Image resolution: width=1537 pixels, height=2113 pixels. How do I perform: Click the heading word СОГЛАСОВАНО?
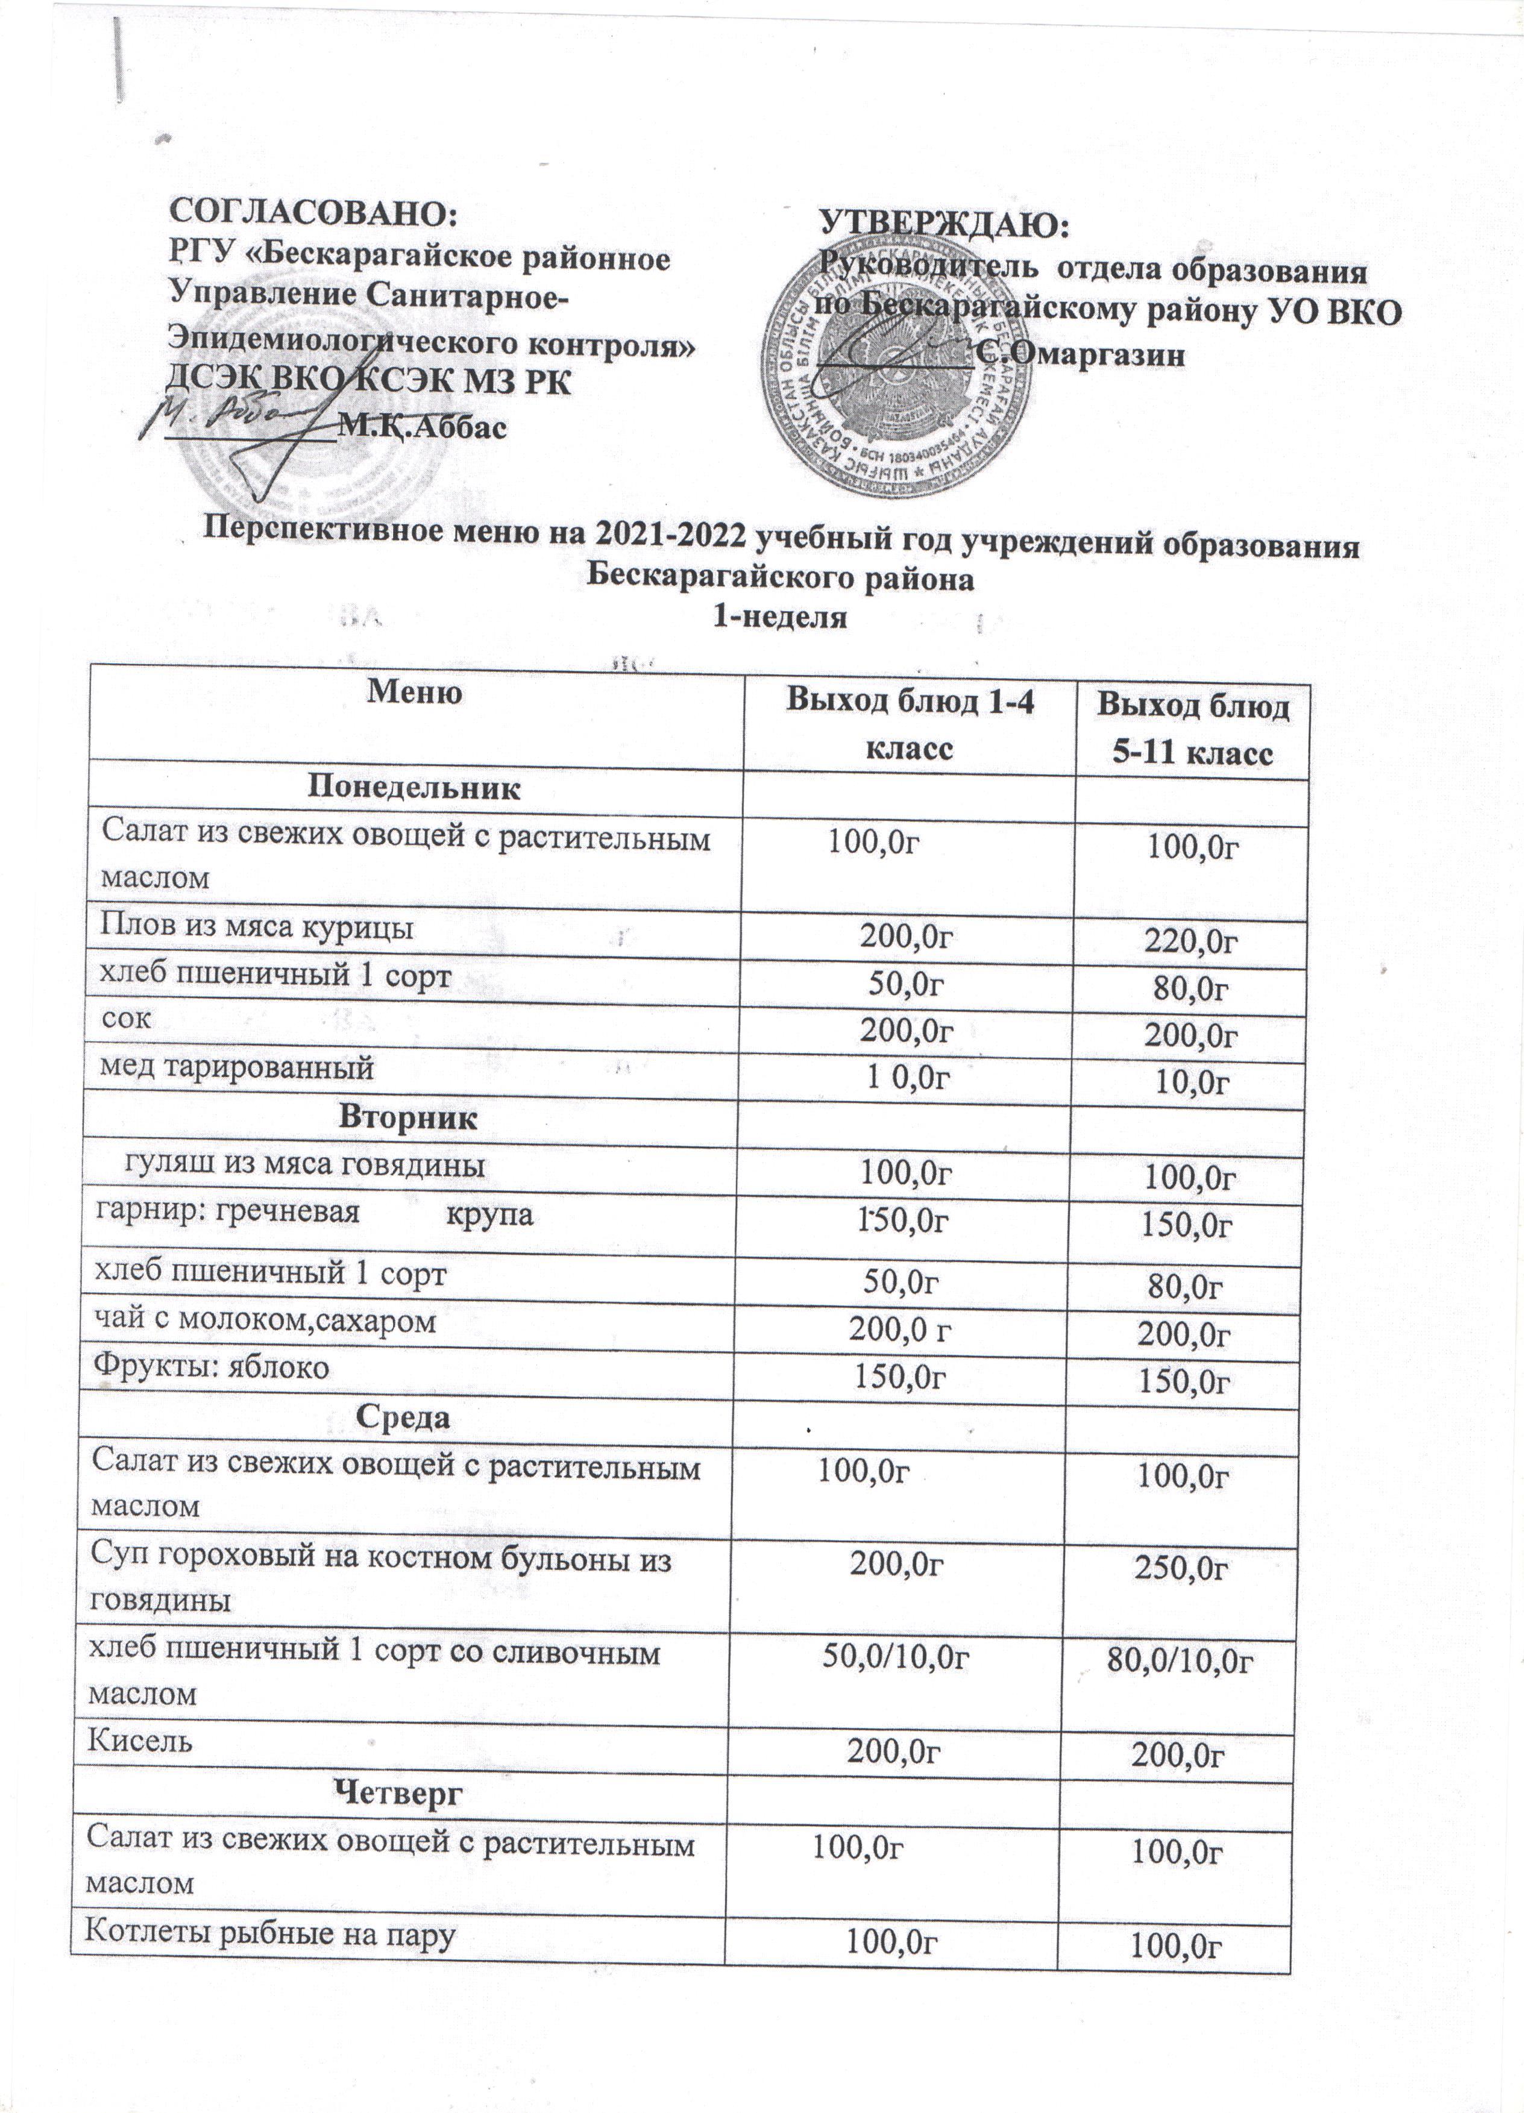pyautogui.click(x=312, y=212)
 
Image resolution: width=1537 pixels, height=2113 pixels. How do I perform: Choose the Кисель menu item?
pyautogui.click(x=140, y=1741)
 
